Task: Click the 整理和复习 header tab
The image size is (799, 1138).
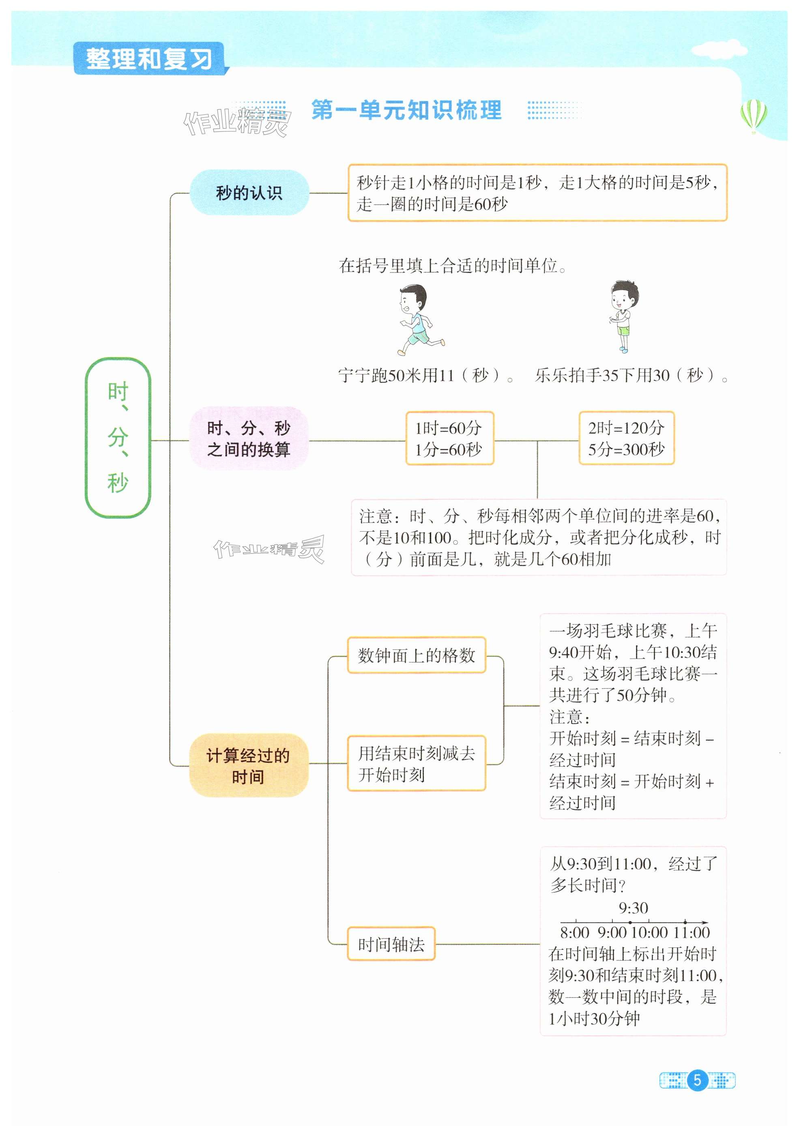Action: pos(149,59)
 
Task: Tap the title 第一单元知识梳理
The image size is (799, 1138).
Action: pos(406,110)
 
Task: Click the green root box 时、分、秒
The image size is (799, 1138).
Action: pos(118,438)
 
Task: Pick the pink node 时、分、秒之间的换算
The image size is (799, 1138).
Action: pos(249,439)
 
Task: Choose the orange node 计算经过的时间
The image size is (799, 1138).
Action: pos(248,766)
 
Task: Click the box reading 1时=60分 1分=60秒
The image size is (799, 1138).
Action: pos(449,439)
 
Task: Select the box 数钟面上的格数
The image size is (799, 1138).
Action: pos(417,656)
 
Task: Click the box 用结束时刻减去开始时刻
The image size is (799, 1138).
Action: pos(417,764)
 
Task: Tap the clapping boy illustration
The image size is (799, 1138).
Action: pos(622,317)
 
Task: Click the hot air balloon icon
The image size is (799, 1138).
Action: pos(754,116)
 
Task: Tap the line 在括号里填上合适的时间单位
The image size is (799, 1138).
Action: pos(453,266)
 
